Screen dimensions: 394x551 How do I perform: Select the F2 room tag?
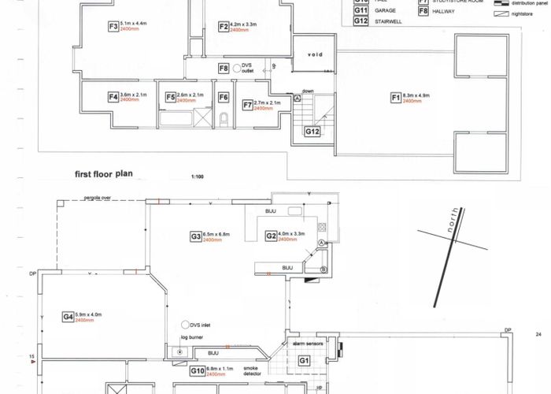pyautogui.click(x=223, y=26)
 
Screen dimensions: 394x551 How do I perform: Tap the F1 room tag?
pyautogui.click(x=396, y=98)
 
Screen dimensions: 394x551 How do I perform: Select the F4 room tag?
pyautogui.click(x=113, y=98)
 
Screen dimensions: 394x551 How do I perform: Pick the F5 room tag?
pyautogui.click(x=170, y=98)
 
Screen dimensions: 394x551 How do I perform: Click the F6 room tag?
pyautogui.click(x=224, y=98)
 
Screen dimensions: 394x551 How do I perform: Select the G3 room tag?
pyautogui.click(x=195, y=236)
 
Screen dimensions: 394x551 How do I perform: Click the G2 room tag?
pyautogui.click(x=271, y=236)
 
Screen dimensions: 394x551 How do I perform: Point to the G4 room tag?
pyautogui.click(x=68, y=317)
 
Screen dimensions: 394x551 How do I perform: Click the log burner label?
pyautogui.click(x=192, y=337)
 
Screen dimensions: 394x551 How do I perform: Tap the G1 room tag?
pyautogui.click(x=304, y=360)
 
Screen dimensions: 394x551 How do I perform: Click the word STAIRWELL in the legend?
pyautogui.click(x=388, y=21)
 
